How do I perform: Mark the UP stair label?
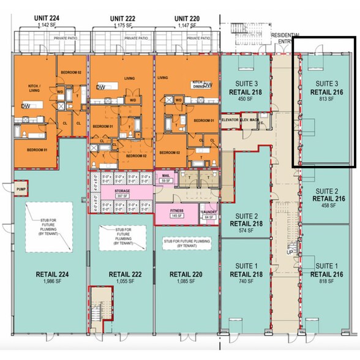tap(290, 252)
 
